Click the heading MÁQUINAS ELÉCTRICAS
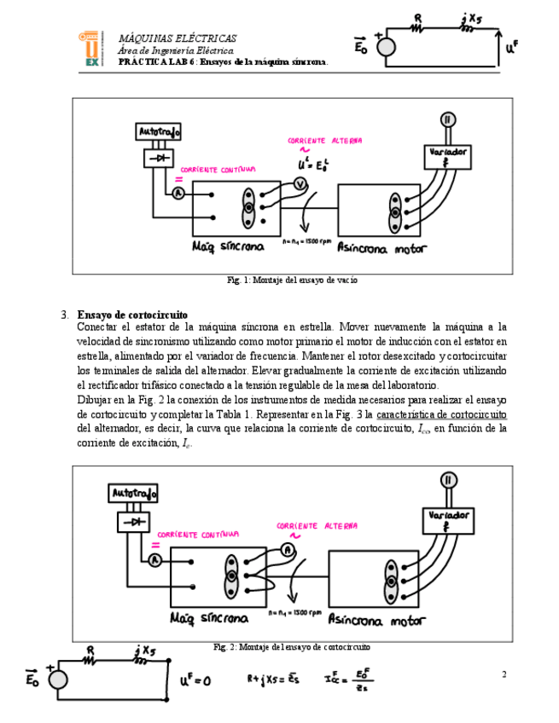178,39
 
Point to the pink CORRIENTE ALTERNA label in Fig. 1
324,141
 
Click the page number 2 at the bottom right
504,675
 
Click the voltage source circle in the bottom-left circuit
57,680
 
